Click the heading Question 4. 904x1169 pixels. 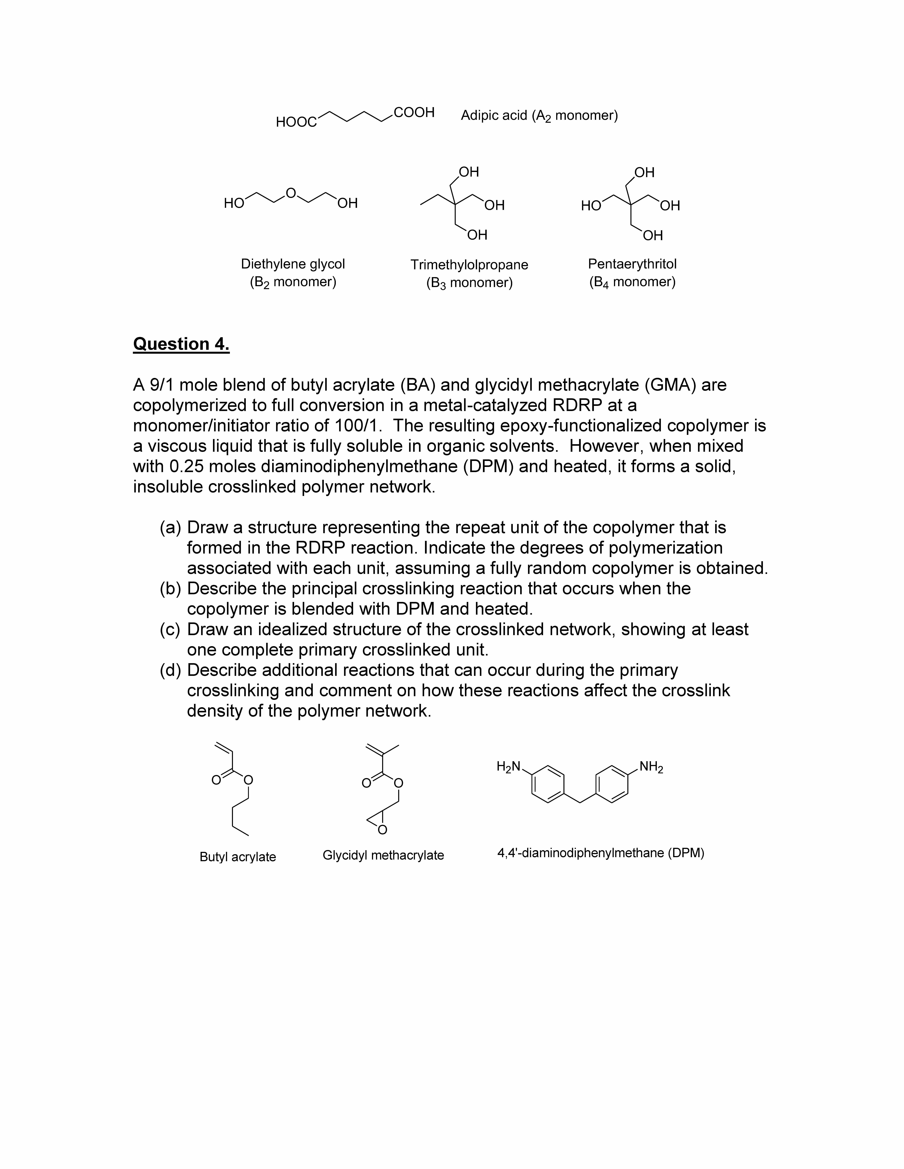(x=181, y=344)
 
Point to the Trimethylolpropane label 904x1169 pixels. (x=469, y=264)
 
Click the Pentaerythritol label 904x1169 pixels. (x=632, y=264)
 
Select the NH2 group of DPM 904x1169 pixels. (x=651, y=767)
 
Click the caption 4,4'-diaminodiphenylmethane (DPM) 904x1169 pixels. (x=600, y=853)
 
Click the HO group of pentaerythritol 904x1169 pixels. (x=591, y=206)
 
